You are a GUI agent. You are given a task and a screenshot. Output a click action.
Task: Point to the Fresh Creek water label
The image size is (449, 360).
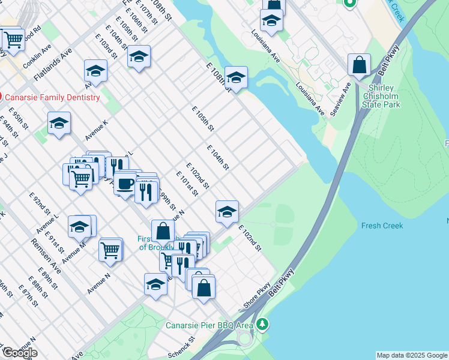(382, 226)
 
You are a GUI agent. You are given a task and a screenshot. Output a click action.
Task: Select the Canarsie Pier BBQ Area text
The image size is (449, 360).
(209, 325)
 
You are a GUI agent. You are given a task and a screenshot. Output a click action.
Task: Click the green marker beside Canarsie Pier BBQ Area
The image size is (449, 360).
(262, 325)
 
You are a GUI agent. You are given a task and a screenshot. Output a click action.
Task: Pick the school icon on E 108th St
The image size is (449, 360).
(236, 77)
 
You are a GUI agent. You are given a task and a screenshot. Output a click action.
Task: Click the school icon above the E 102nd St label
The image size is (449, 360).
(227, 211)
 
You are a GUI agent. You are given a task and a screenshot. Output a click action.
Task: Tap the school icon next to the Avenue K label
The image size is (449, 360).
(59, 124)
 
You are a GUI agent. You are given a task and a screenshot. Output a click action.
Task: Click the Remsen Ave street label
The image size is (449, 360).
(47, 259)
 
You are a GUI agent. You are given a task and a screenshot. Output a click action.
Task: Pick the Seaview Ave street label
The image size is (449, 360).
(339, 95)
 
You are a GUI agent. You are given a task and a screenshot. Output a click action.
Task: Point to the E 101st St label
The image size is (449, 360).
(187, 183)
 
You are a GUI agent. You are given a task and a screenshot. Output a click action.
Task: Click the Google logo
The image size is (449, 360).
(20, 353)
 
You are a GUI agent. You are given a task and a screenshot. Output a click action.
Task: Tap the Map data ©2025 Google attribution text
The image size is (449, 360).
(412, 355)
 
